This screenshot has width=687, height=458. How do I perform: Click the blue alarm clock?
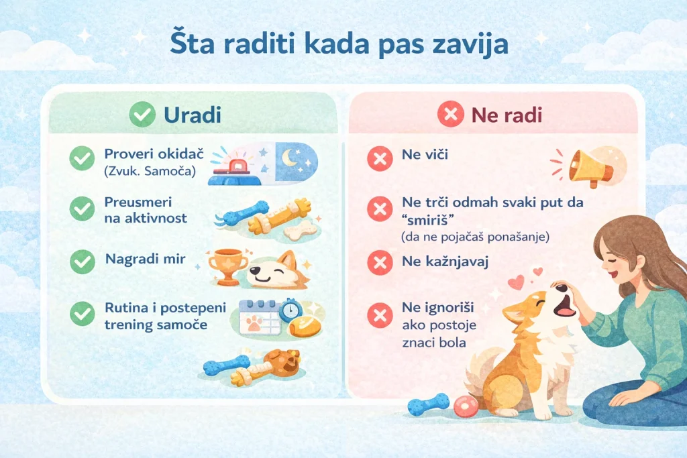click(x=290, y=310)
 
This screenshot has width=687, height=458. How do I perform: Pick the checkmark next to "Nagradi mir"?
click(x=82, y=260)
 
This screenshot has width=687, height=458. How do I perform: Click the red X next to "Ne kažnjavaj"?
click(x=379, y=262)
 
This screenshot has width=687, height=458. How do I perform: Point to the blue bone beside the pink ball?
click(x=428, y=404)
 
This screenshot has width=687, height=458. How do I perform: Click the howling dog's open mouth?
click(x=566, y=306)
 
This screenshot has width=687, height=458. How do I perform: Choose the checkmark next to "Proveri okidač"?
click(x=82, y=159)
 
